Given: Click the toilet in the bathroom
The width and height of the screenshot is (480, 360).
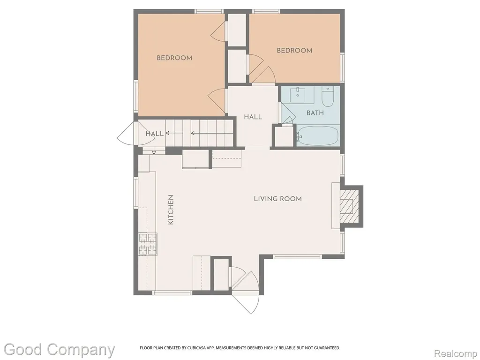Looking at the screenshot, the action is (x=327, y=97).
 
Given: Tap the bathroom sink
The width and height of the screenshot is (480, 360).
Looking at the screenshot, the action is (x=298, y=94).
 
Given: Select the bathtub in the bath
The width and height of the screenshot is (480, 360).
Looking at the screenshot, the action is (x=318, y=136).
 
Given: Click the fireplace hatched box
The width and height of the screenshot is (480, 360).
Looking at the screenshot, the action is (x=349, y=206).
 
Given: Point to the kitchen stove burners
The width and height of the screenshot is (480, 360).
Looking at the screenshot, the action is (x=148, y=244).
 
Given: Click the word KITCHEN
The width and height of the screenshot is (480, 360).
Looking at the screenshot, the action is (x=171, y=210).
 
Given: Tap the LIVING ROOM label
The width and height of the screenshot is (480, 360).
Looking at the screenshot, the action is (x=277, y=199).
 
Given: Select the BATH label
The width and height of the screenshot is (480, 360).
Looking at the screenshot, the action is (x=315, y=113).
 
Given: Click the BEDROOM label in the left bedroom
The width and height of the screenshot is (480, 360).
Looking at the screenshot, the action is (x=174, y=58).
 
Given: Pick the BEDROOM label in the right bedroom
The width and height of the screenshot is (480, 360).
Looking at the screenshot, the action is (x=294, y=51).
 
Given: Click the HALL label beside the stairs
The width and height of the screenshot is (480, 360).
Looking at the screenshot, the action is (x=154, y=134).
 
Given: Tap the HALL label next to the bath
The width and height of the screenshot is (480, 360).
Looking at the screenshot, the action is (x=253, y=117).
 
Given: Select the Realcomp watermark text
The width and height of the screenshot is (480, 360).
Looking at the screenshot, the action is (x=456, y=353).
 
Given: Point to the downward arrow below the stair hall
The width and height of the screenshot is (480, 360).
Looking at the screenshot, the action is (x=154, y=150).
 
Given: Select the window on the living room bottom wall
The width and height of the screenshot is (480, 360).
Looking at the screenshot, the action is (x=297, y=256).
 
